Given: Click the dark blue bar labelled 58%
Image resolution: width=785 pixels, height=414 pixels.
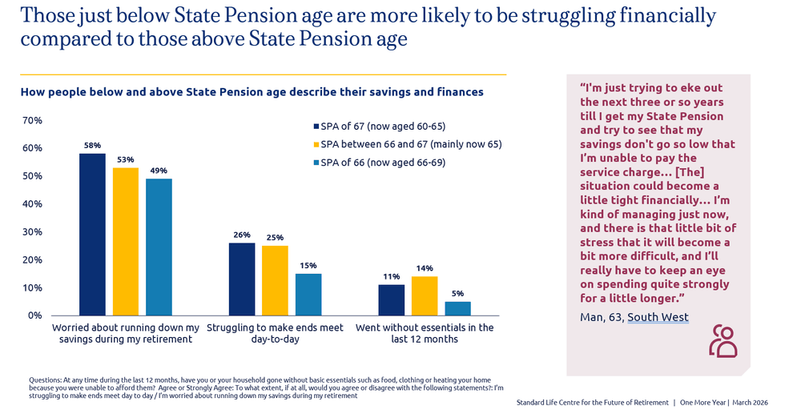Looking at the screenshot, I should (x=92, y=234).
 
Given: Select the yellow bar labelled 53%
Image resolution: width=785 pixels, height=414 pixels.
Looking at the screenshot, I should (x=126, y=241).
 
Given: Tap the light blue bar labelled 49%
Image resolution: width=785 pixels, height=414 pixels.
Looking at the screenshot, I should (x=159, y=247).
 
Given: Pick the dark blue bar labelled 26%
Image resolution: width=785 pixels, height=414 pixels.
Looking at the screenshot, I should (x=242, y=279).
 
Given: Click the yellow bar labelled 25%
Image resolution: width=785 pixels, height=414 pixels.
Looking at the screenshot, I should (x=275, y=280).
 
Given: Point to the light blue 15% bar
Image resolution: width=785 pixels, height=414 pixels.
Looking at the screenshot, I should (x=308, y=294).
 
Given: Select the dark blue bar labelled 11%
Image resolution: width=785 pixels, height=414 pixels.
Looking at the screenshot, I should (x=391, y=299).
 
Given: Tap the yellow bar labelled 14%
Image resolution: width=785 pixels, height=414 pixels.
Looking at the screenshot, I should (x=425, y=295).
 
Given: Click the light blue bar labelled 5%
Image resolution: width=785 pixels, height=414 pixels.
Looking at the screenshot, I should (x=457, y=308).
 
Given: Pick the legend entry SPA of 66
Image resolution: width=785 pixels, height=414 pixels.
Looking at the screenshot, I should (x=377, y=163).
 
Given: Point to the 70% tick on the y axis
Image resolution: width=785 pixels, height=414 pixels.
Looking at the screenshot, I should (x=32, y=120).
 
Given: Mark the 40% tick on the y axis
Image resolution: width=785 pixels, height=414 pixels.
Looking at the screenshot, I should (x=32, y=204).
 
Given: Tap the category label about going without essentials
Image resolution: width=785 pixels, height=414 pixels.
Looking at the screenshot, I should (x=425, y=333).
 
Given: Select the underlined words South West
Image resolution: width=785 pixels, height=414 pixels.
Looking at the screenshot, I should (x=658, y=317).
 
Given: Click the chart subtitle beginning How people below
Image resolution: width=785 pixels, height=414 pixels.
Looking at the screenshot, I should (x=252, y=92).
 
